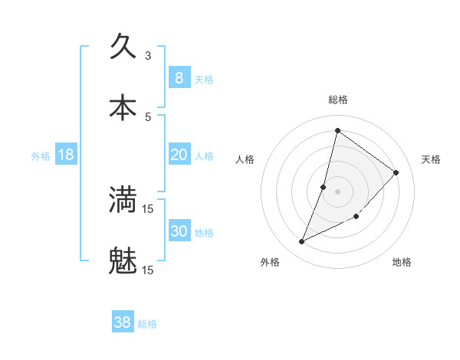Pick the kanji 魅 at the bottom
[123, 261]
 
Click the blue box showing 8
[179, 78]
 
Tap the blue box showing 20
[179, 155]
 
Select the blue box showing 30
[179, 231]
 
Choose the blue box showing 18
[66, 155]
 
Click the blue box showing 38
[123, 322]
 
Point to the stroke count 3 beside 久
[148, 55]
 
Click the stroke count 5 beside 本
[148, 116]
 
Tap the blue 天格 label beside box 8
[204, 80]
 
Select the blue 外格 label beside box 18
[41, 156]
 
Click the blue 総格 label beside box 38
[147, 324]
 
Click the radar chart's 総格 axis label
[337, 100]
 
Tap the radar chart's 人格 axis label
[245, 159]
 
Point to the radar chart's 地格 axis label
[402, 262]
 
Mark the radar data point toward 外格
[302, 242]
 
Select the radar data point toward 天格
[396, 172]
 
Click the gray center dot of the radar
[337, 191]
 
